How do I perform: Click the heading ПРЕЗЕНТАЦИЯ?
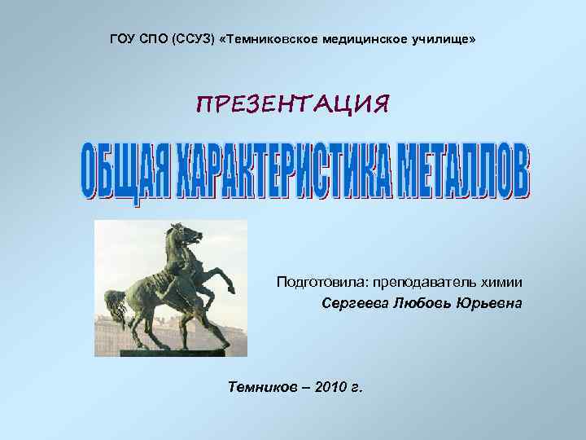click(293, 104)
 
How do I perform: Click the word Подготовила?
click(321, 282)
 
